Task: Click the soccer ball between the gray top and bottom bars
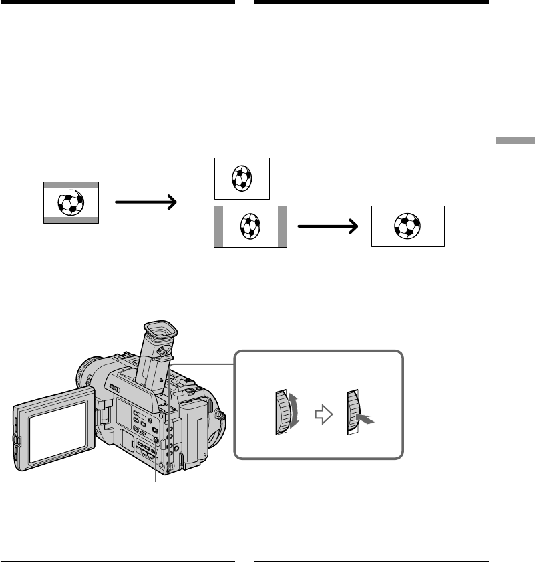tap(69, 202)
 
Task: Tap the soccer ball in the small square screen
tap(241, 178)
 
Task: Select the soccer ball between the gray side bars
tap(249, 227)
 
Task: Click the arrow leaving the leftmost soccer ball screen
tap(145, 201)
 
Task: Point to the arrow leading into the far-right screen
tap(328, 226)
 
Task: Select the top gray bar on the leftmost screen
tap(71, 184)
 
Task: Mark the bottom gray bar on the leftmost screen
tap(71, 219)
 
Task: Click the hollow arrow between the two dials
tap(323, 415)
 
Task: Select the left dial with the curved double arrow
tap(283, 412)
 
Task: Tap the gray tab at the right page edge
tap(515, 141)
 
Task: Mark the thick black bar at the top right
tap(371, 2)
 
